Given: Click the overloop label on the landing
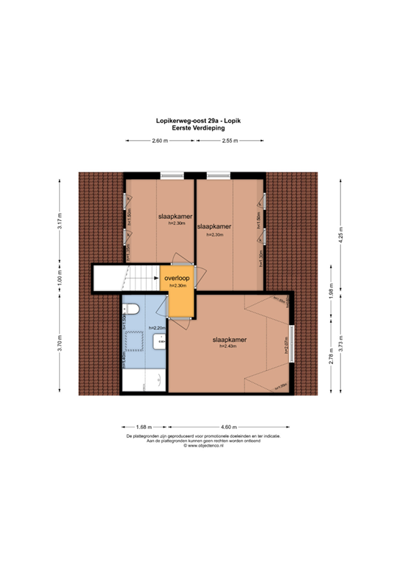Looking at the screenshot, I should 177,278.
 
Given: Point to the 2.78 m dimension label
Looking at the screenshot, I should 330,359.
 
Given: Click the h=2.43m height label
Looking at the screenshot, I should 228,346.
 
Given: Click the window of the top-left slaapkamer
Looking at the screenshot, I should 172,175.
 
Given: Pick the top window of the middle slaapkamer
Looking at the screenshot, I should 218,175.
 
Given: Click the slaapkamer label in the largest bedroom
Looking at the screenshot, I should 228,340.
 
